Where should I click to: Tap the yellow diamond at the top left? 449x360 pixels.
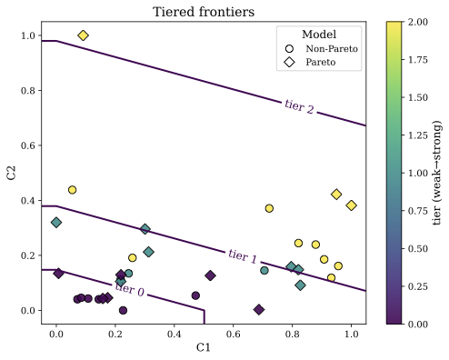pyautogui.click(x=83, y=35)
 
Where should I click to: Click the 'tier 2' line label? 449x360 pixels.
pyautogui.click(x=299, y=108)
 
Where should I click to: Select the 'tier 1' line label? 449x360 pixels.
pyautogui.click(x=243, y=255)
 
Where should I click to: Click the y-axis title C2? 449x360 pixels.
pyautogui.click(x=12, y=172)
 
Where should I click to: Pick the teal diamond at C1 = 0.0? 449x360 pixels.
pyautogui.click(x=56, y=223)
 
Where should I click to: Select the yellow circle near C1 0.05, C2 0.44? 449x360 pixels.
pyautogui.click(x=72, y=190)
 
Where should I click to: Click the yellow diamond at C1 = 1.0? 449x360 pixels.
pyautogui.click(x=351, y=205)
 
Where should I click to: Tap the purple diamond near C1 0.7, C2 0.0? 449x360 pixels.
pyautogui.click(x=259, y=310)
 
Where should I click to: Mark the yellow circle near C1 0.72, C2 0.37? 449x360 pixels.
pyautogui.click(x=269, y=208)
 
